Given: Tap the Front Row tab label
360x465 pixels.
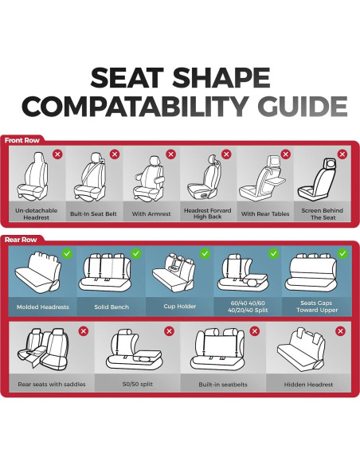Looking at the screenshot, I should point(23,141).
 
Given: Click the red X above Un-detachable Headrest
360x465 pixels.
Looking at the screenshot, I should point(57,154).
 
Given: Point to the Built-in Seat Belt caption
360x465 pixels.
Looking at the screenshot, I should point(92,213).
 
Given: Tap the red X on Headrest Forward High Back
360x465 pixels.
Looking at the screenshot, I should point(226,154).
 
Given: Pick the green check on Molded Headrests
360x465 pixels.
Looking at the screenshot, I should point(67,254).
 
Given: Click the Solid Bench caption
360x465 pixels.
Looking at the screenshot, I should point(111,306).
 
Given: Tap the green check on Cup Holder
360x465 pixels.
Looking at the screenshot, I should point(205,254).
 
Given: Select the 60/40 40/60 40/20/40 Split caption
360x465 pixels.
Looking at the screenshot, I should point(248,306).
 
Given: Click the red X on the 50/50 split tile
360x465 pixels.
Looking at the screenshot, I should point(168,330).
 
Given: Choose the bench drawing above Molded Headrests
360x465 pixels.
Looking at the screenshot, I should point(42,275).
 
